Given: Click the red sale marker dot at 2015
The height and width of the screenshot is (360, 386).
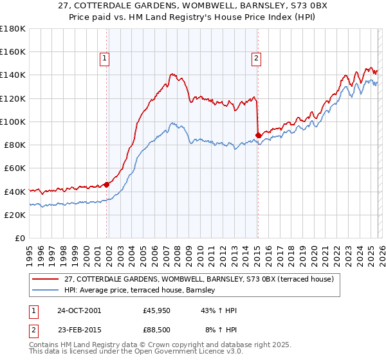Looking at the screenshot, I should click(258, 135).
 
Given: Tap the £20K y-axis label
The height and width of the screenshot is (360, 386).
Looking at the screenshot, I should click(14, 215).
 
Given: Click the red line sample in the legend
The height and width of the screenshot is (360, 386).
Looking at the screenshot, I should click(46, 280).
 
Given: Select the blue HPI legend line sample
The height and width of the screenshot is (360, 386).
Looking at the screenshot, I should click(46, 291).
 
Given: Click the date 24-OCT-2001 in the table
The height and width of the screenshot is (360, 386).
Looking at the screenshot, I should click(78, 310).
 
